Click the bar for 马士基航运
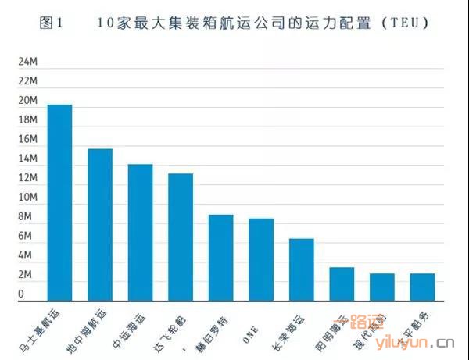(59, 201)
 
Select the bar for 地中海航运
(99, 223)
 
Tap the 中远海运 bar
(140, 231)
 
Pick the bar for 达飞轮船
(180, 236)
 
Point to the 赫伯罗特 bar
(220, 256)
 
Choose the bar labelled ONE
(261, 258)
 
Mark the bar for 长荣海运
(301, 269)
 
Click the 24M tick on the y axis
(28, 62)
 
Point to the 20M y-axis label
(28, 101)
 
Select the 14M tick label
(28, 159)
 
